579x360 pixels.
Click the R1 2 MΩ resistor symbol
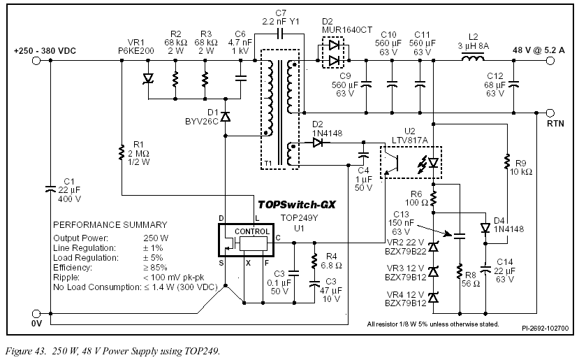122,152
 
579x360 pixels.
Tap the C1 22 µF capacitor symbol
50,189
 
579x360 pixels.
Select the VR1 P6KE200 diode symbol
149,78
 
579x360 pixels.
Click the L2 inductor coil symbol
473,57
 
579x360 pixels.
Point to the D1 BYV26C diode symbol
226,117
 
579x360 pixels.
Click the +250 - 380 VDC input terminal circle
36,60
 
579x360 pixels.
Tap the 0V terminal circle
36,314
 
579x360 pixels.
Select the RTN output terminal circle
550,113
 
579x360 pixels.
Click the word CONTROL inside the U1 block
252,231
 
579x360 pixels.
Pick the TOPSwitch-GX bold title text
297,204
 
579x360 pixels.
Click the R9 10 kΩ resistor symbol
507,162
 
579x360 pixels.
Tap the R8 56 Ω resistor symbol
460,272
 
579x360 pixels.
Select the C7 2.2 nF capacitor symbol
280,34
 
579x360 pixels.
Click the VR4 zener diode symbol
434,297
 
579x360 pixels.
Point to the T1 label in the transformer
268,163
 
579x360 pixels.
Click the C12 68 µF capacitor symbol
513,85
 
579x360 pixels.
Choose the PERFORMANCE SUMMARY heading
110,224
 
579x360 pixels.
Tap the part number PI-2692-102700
545,329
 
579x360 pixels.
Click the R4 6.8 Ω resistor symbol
314,261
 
